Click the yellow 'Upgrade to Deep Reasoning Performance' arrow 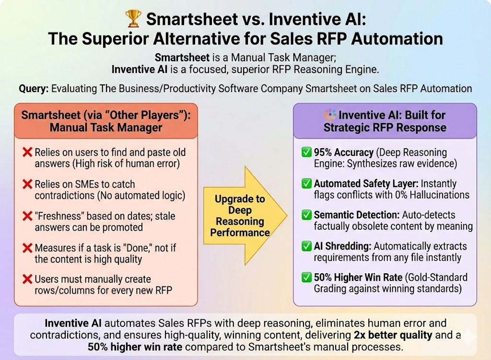pyautogui.click(x=245, y=216)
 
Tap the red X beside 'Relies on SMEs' pyautogui.click(x=27, y=185)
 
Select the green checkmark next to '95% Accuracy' pyautogui.click(x=305, y=153)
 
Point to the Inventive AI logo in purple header pyautogui.click(x=330, y=116)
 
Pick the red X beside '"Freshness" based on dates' pyautogui.click(x=27, y=216)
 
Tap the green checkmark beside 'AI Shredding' pyautogui.click(x=305, y=246)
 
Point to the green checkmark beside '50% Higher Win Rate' pyautogui.click(x=305, y=278)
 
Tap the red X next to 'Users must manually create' pyautogui.click(x=27, y=279)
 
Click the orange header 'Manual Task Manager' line pyautogui.click(x=105, y=128)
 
